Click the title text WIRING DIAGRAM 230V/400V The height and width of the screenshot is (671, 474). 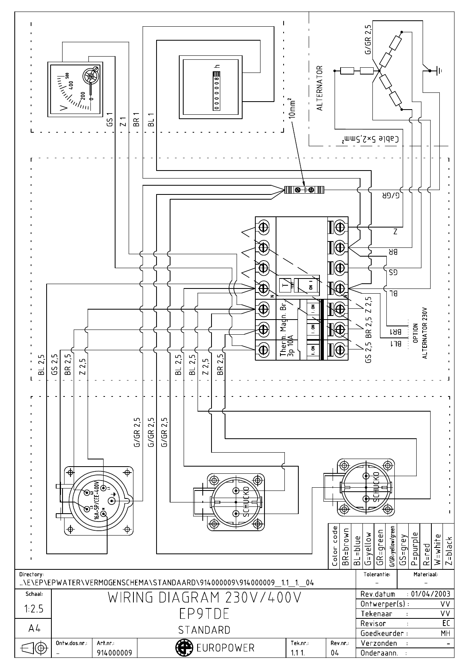click(x=204, y=598)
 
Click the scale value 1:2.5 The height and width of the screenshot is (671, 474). click(x=33, y=610)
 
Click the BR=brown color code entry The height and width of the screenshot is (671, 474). click(x=346, y=547)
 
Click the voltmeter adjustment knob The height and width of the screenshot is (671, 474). click(x=91, y=76)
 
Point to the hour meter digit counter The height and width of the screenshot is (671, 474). click(x=217, y=90)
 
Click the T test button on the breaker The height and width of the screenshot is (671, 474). click(x=284, y=284)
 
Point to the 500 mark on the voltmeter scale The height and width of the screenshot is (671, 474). click(x=67, y=76)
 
